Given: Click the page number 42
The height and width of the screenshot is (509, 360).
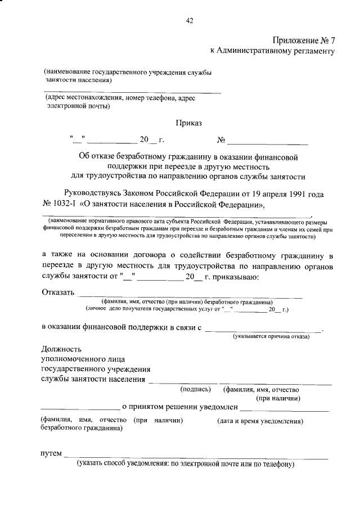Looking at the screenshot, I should (190, 21).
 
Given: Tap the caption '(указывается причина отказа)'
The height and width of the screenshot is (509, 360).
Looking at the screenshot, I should (272, 336).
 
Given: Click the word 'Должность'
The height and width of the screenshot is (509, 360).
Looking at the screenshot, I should (61, 349).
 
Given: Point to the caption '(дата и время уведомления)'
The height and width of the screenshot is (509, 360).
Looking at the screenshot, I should (260, 421).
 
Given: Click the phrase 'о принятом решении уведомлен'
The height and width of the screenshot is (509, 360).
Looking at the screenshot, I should (179, 406).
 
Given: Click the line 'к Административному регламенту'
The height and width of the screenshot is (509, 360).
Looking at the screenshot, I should (272, 51).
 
